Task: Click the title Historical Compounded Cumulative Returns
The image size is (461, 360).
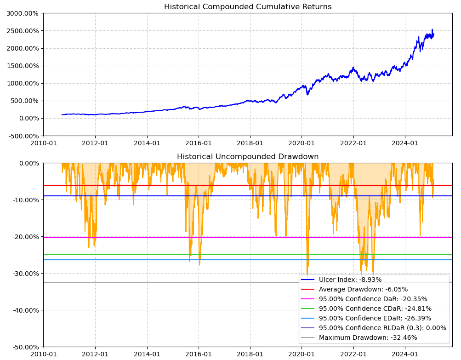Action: [x=248, y=7]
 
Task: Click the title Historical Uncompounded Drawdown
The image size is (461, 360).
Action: [x=248, y=157]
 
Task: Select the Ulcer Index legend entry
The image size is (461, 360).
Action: [x=350, y=280]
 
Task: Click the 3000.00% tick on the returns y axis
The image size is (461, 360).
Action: [x=23, y=13]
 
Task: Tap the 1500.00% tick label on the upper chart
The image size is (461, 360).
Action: [x=23, y=66]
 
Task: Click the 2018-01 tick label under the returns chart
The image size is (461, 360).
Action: [x=250, y=143]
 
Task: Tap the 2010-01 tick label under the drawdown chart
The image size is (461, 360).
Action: [x=44, y=354]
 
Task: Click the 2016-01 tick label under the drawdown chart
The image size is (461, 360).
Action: [x=199, y=354]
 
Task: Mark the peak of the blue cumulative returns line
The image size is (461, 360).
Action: [x=432, y=30]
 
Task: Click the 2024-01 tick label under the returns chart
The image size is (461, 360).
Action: [x=405, y=143]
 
